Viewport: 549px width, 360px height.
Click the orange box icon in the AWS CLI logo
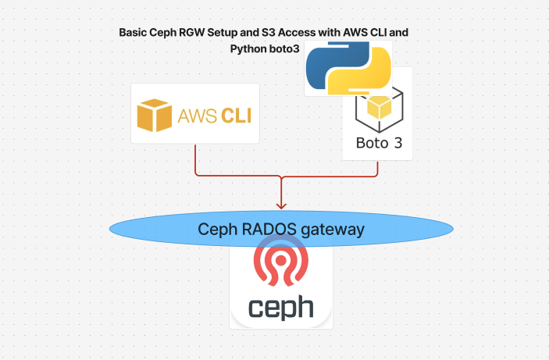point(155,116)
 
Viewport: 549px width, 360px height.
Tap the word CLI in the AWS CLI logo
point(237,116)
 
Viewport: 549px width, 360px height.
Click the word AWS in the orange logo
point(198,116)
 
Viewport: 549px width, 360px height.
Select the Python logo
point(348,68)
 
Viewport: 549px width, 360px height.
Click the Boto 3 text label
point(379,143)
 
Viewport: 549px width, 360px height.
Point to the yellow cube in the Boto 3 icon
point(380,107)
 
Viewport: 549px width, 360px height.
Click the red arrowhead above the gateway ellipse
point(281,205)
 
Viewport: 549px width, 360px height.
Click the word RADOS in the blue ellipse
point(269,230)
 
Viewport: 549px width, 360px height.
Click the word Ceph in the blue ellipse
point(217,230)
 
